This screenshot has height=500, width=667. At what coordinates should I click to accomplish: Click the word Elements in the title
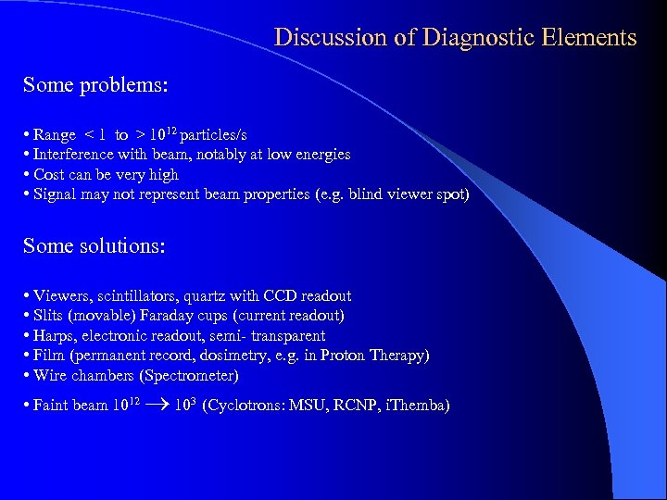(x=590, y=38)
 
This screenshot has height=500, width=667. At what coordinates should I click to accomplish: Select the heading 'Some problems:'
(x=95, y=85)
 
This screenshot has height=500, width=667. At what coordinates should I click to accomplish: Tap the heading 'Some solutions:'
(x=94, y=246)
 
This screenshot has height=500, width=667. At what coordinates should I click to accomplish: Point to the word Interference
(x=73, y=155)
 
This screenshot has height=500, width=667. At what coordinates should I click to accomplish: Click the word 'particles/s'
(x=212, y=135)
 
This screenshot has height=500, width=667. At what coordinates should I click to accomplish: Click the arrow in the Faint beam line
(x=159, y=406)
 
